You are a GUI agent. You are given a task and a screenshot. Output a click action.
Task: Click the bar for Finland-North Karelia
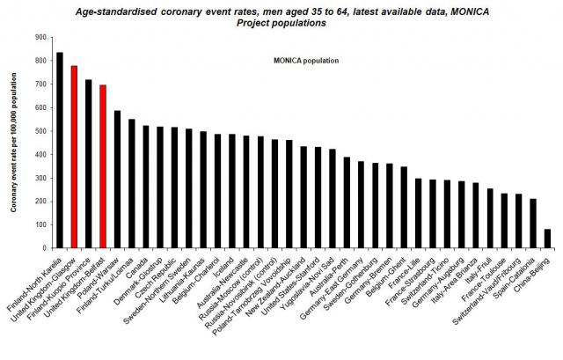click(x=60, y=151)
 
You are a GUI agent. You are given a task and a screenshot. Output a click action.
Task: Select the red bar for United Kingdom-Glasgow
click(x=75, y=158)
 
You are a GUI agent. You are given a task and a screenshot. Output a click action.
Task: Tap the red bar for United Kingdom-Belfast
click(x=103, y=167)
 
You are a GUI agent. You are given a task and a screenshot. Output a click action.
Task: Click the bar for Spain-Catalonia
click(x=533, y=224)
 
